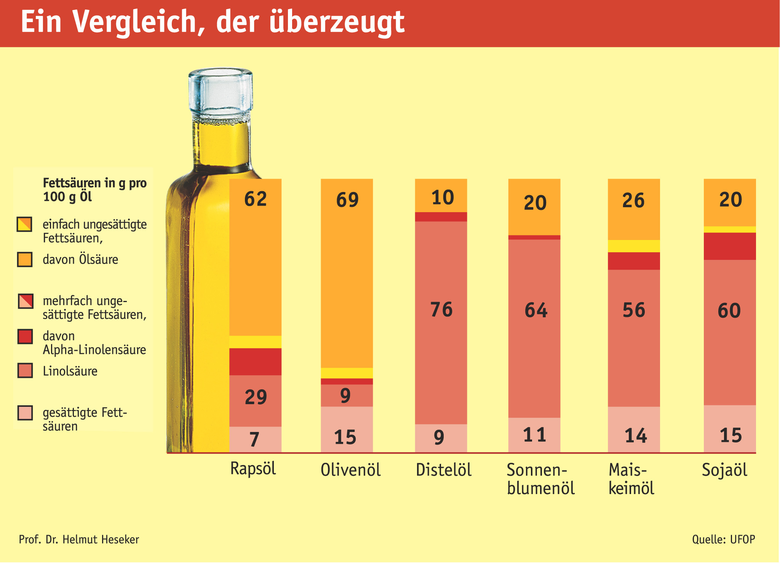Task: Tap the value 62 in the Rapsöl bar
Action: [256, 199]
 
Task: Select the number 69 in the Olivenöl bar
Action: [347, 200]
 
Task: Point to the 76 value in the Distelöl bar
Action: [441, 309]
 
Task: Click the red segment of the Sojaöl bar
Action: [729, 246]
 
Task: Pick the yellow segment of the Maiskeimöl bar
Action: [634, 246]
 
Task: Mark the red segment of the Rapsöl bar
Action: [255, 361]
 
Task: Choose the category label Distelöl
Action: [444, 470]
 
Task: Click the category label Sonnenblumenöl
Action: [540, 479]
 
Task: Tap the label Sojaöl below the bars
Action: [724, 470]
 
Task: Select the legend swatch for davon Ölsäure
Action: [25, 259]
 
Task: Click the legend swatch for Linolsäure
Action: [25, 371]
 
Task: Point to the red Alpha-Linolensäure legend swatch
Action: [25, 336]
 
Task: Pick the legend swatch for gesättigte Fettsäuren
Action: [25, 413]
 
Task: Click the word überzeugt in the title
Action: [337, 22]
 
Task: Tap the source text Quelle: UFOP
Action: [723, 539]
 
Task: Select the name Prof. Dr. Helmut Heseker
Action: [79, 539]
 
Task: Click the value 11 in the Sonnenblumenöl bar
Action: [535, 435]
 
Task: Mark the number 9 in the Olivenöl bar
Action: [345, 396]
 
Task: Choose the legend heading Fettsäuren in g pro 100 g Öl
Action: [94, 190]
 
